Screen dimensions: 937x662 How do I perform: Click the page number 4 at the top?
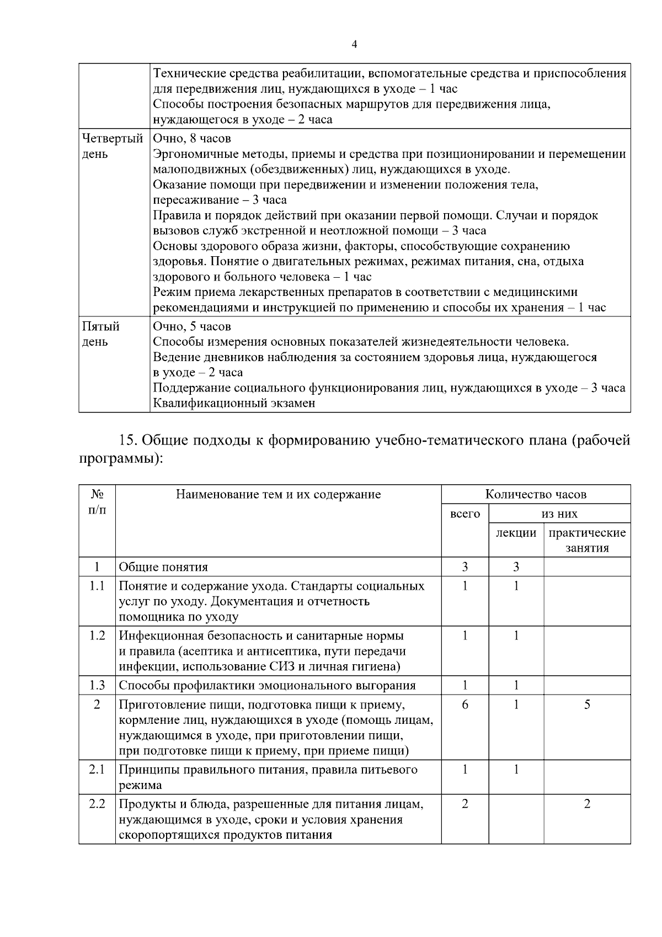click(x=354, y=45)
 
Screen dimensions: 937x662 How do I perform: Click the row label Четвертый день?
click(x=112, y=146)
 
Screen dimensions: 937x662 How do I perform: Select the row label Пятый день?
click(x=100, y=333)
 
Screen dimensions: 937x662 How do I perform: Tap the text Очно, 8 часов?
click(x=192, y=138)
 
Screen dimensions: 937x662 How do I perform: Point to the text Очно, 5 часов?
click(x=192, y=326)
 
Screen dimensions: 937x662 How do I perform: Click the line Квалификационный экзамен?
click(x=234, y=403)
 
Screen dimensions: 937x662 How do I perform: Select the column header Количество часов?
click(x=536, y=494)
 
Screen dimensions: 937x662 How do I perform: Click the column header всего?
click(x=465, y=514)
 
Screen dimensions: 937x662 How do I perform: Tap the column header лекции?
click(x=516, y=533)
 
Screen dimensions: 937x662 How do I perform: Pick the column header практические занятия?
click(x=587, y=540)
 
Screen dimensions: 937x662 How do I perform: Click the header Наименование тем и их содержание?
click(x=278, y=494)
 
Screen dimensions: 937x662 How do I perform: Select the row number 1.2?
click(x=97, y=636)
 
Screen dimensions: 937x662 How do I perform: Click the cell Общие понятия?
click(x=163, y=567)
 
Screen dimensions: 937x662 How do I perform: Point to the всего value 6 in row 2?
click(x=465, y=705)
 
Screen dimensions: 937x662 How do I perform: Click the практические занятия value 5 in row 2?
click(x=587, y=705)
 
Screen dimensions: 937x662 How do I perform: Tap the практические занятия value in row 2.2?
click(x=587, y=804)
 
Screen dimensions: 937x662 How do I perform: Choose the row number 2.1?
click(x=97, y=770)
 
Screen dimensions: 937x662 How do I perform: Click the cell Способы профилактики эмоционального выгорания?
click(x=267, y=686)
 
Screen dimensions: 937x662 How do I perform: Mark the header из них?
click(x=559, y=514)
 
